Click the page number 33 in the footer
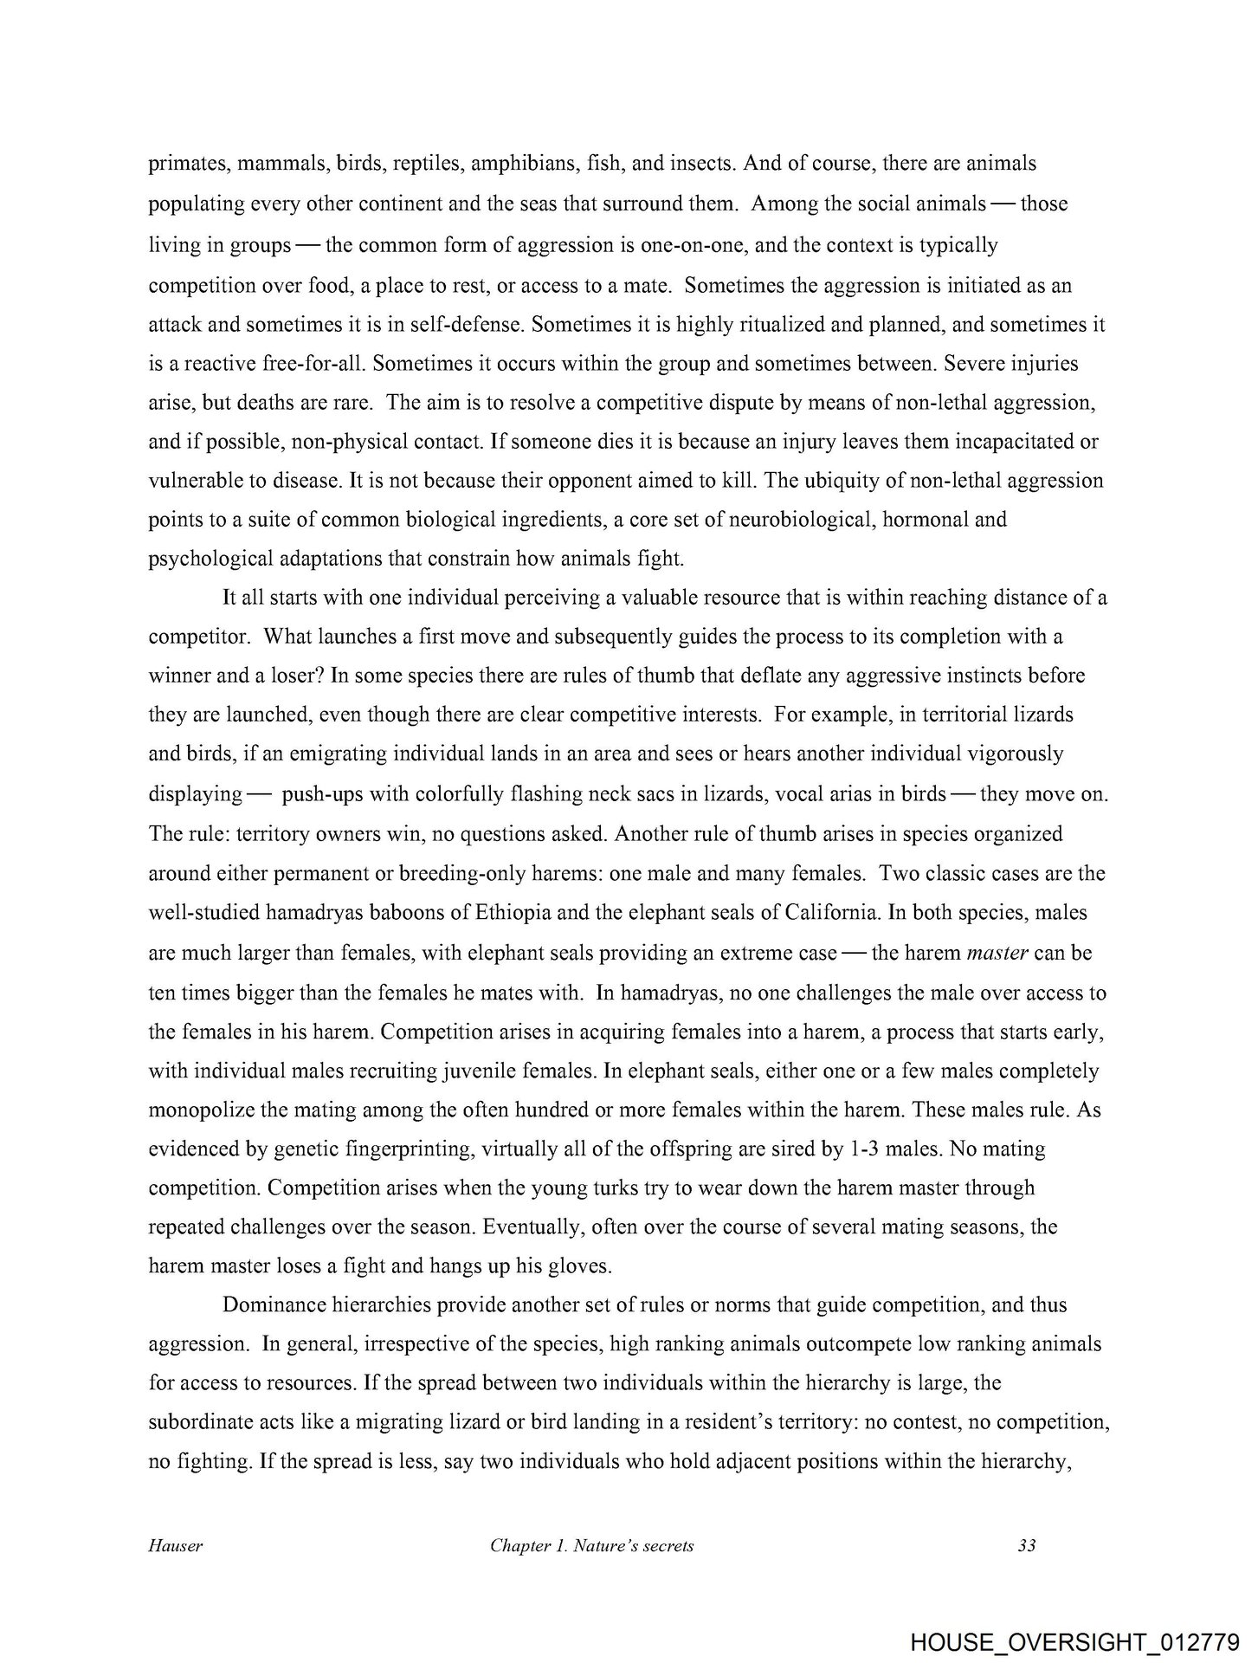[x=1027, y=1545]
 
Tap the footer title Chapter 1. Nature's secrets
[x=591, y=1545]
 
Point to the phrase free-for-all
[x=308, y=363]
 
